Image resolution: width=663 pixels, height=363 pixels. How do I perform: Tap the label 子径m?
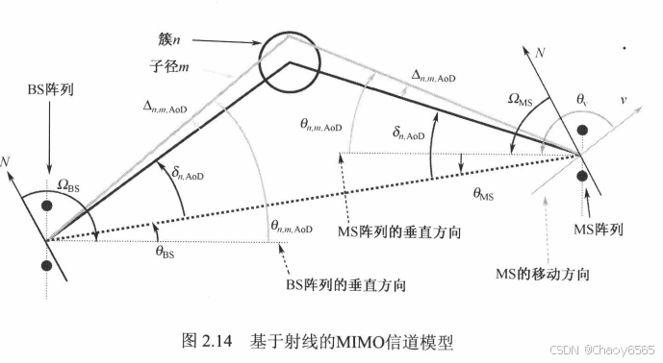169,67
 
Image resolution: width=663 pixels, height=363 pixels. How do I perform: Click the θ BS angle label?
166,252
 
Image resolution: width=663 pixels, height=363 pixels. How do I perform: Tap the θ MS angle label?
484,193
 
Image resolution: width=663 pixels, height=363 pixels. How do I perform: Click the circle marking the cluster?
286,63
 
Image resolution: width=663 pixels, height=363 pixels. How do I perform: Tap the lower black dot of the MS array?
582,176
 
